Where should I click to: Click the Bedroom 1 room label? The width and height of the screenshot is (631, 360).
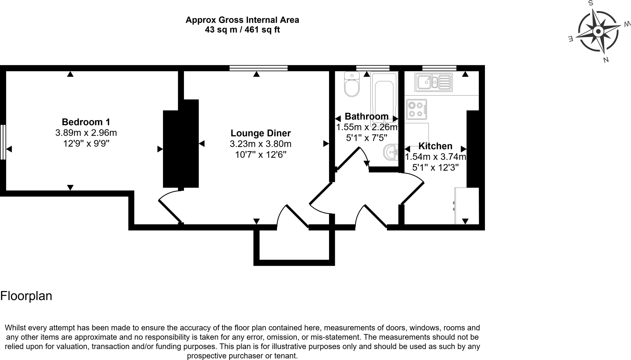pyautogui.click(x=86, y=122)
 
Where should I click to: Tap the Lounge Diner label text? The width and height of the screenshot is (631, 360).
pyautogui.click(x=261, y=133)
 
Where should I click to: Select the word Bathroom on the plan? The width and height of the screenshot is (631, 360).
pyautogui.click(x=366, y=116)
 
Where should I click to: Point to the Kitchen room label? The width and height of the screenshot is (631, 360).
pyautogui.click(x=435, y=146)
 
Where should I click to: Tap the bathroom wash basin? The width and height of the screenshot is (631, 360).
pyautogui.click(x=391, y=152)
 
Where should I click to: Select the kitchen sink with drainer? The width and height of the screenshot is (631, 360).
pyautogui.click(x=434, y=82)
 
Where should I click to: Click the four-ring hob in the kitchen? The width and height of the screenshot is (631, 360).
pyautogui.click(x=416, y=109)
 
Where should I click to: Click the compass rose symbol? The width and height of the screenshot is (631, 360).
pyautogui.click(x=598, y=31)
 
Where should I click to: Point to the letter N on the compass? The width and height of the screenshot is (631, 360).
pyautogui.click(x=606, y=60)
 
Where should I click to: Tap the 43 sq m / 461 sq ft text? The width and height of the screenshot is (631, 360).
pyautogui.click(x=242, y=30)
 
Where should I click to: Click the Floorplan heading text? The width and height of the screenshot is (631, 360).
pyautogui.click(x=26, y=296)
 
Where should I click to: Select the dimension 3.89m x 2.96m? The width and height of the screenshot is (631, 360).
pyautogui.click(x=86, y=133)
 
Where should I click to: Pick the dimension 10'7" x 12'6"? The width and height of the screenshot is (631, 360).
pyautogui.click(x=261, y=155)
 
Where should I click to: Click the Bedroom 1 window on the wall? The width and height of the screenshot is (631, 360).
pyautogui.click(x=3, y=142)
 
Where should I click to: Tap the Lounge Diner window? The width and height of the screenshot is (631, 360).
pyautogui.click(x=259, y=68)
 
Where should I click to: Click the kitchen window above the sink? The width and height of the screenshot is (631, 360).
pyautogui.click(x=439, y=68)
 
